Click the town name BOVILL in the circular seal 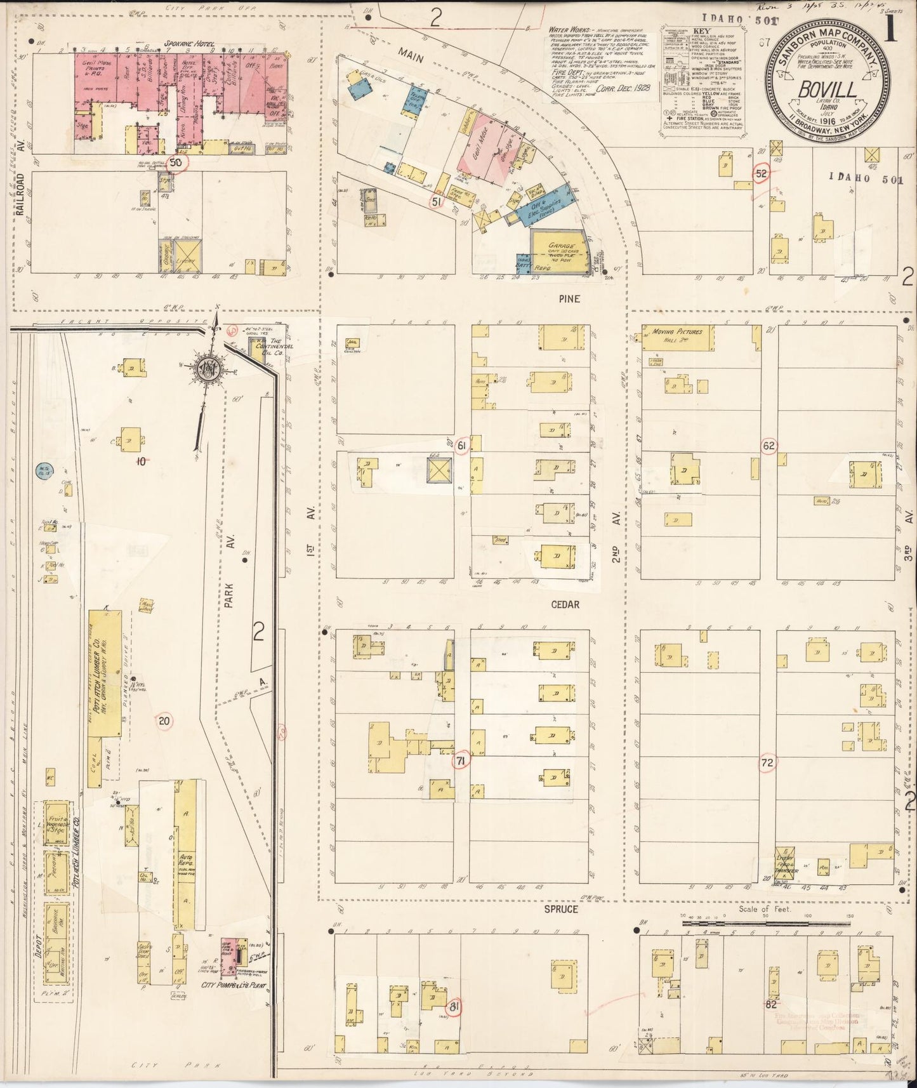[828, 91]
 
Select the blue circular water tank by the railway [44, 470]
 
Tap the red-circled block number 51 [436, 202]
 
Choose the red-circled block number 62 [769, 446]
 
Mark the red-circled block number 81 [453, 1007]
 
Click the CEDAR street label [565, 604]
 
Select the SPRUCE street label [561, 909]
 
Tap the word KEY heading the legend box [701, 30]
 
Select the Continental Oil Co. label [274, 347]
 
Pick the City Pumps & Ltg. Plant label [233, 986]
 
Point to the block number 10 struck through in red [141, 461]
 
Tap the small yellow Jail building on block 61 [351, 343]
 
